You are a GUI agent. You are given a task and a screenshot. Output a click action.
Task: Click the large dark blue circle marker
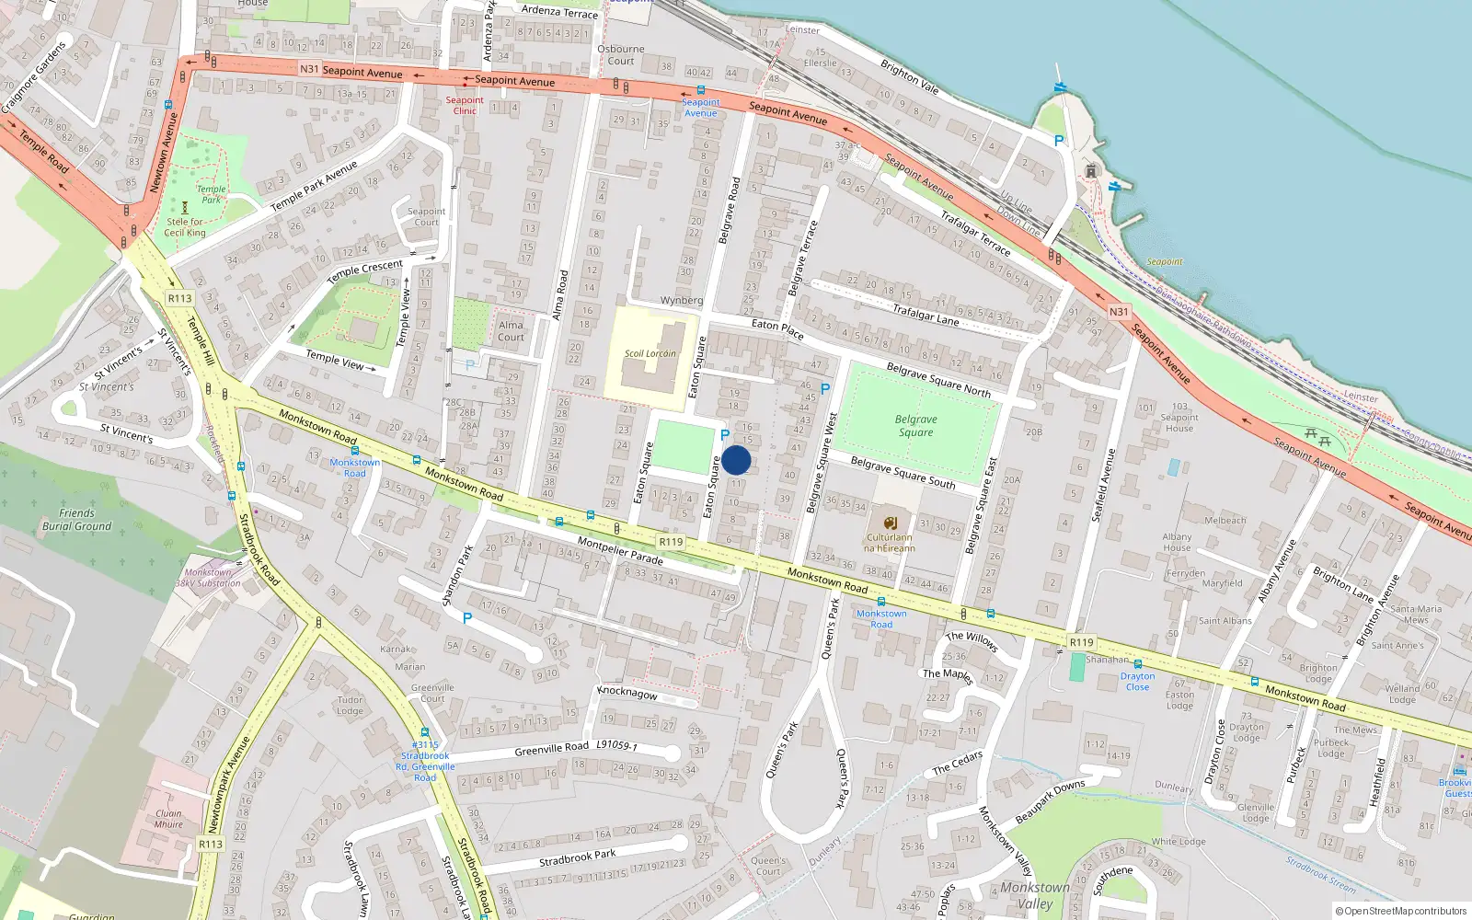[x=736, y=460]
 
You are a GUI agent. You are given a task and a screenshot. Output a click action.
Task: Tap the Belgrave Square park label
[x=916, y=425]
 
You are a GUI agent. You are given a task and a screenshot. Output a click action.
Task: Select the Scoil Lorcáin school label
[x=650, y=353]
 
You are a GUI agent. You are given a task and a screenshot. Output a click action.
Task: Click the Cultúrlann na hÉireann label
[x=890, y=543]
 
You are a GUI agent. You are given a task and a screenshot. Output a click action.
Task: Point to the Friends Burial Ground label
[x=76, y=520]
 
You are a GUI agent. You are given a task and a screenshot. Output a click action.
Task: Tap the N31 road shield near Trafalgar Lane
[x=1118, y=312]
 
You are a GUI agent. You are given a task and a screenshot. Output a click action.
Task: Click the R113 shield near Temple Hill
[x=179, y=298]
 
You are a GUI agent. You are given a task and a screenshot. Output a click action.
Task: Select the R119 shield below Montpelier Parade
[x=671, y=542]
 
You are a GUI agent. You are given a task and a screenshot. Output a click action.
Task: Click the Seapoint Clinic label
[x=465, y=106]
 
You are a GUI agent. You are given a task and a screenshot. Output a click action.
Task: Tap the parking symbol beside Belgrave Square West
[x=824, y=389]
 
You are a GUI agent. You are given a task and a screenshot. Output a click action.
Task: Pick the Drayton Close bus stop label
[x=1137, y=682]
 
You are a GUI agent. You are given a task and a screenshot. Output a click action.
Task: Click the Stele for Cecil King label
[x=185, y=227]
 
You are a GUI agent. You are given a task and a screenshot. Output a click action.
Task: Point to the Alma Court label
[x=511, y=331]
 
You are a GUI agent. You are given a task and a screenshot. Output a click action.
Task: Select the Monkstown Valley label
[x=1035, y=895]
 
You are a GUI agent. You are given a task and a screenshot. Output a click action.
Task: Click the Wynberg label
[x=681, y=301]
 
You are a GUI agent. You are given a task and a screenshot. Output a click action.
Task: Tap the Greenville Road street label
[x=551, y=749]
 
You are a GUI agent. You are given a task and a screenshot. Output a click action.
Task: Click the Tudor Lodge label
[x=350, y=705]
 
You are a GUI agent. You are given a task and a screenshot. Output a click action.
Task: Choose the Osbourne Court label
[x=621, y=55]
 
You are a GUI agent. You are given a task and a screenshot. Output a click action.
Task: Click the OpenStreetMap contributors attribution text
[x=1401, y=911]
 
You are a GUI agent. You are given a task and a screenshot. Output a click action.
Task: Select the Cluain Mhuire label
[x=168, y=819]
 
